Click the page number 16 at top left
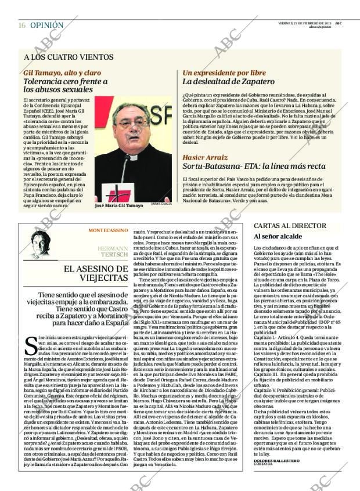pos(22,25)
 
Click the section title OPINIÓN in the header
pos(46,25)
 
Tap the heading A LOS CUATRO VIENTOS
pos(69,57)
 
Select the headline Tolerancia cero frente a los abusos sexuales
pos(66,86)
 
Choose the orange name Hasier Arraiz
pos(205,157)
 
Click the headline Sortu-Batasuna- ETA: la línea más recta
pos(247,167)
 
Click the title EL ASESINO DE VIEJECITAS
pos(93,273)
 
